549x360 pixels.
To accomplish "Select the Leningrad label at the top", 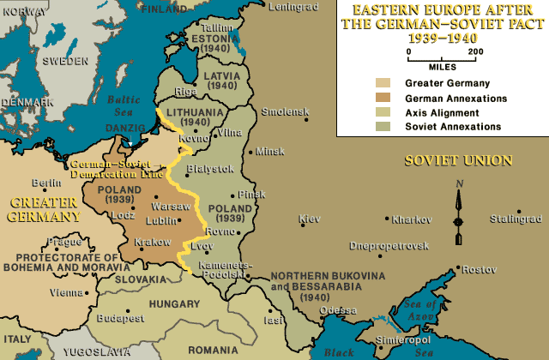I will [x=294, y=7].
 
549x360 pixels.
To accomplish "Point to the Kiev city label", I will [x=309, y=219].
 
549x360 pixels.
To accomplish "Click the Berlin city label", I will [x=45, y=183].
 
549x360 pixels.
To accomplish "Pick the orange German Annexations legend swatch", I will [x=383, y=99].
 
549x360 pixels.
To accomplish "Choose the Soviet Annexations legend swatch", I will [x=383, y=127].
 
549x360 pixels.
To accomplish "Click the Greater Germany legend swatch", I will [x=383, y=84].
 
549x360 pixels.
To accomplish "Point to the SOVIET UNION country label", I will [x=458, y=160].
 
